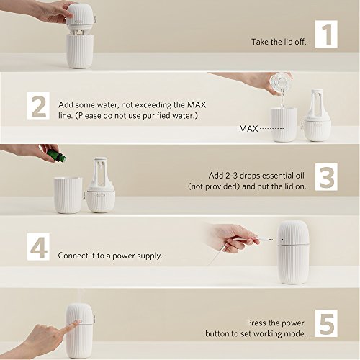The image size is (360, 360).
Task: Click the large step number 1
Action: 327,35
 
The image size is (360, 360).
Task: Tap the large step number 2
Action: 39,106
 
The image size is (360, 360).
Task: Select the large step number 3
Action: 327,177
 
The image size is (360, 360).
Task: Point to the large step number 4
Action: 38,247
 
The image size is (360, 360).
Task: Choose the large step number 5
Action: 327,323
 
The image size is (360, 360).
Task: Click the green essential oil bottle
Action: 56,156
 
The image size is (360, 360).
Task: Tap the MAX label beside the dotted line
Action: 248,129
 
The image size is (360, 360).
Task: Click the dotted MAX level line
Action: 272,129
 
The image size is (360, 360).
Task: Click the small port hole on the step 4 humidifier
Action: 282,240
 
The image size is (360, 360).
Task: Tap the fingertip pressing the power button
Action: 76,323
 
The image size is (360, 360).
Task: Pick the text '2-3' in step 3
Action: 232,176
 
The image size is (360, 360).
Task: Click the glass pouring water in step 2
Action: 281,83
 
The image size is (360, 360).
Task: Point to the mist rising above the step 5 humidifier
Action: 82,296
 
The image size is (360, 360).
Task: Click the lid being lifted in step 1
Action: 80,18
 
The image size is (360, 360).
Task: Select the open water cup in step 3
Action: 68,195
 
